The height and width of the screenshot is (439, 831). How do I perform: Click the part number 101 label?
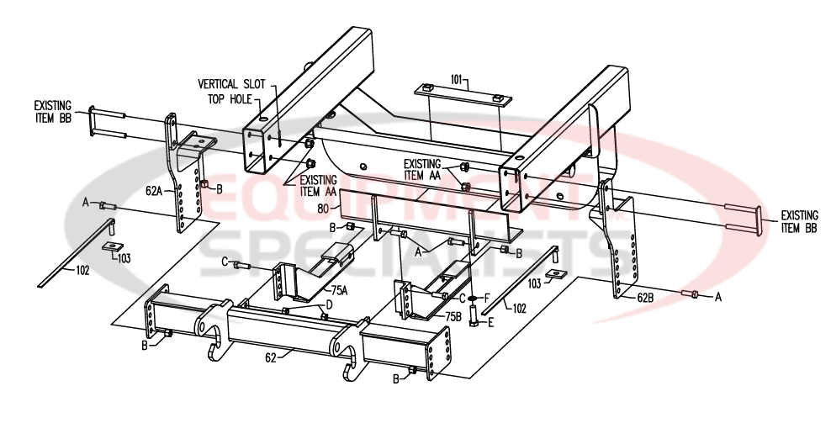pyautogui.click(x=458, y=80)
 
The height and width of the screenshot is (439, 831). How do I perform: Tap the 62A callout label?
pyautogui.click(x=154, y=191)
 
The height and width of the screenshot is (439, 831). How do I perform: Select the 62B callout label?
pyautogui.click(x=645, y=296)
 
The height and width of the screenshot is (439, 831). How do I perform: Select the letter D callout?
pyautogui.click(x=330, y=304)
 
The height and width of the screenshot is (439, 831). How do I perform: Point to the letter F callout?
pyautogui.click(x=487, y=298)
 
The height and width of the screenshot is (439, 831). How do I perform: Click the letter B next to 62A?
pyautogui.click(x=219, y=188)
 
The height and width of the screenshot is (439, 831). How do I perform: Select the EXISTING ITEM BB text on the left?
pyautogui.click(x=52, y=112)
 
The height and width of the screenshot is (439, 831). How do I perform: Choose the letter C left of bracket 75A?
pyautogui.click(x=225, y=263)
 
